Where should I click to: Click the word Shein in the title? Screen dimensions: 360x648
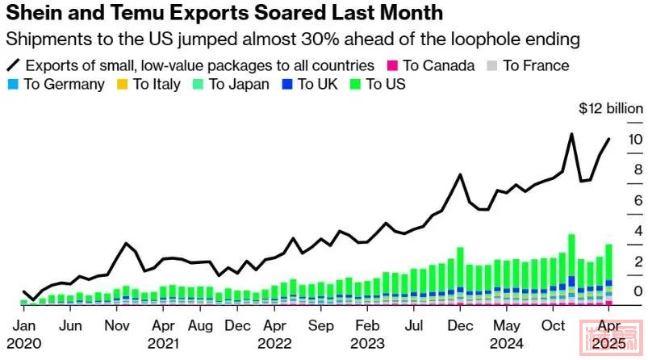point(40,14)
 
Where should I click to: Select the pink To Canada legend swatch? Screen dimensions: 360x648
point(393,65)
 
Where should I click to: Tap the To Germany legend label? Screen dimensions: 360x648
point(65,84)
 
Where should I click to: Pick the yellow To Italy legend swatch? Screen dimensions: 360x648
point(121,84)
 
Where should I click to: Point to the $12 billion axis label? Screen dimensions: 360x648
point(611,109)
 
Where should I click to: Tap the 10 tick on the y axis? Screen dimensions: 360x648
point(635,140)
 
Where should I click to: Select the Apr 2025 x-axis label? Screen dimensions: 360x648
point(606,333)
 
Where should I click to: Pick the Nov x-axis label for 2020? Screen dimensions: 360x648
point(119,326)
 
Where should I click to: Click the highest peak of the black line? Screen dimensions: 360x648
point(571,134)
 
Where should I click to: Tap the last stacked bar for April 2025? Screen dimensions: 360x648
point(608,274)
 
